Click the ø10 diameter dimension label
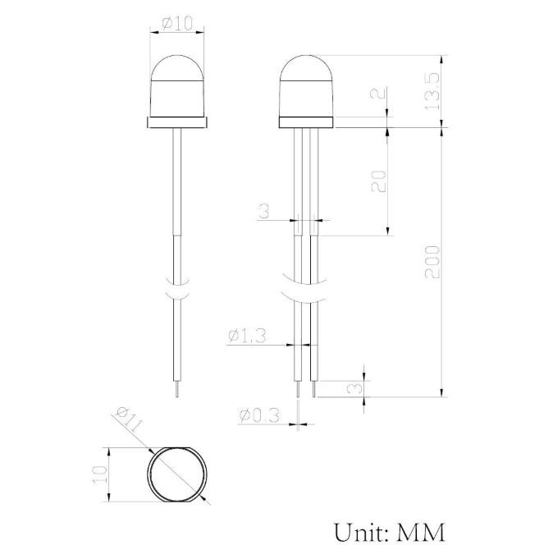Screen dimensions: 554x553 pyautogui.click(x=178, y=24)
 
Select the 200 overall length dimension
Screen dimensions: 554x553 pyautogui.click(x=433, y=261)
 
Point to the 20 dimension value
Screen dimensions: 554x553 pyautogui.click(x=378, y=181)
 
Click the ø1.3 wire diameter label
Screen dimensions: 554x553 pyautogui.click(x=248, y=335)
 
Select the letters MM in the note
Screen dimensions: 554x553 pyautogui.click(x=421, y=531)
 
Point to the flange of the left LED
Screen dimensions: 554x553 pyautogui.click(x=178, y=122)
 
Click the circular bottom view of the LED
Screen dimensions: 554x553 pyautogui.click(x=177, y=475)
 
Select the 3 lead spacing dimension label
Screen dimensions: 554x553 pyautogui.click(x=263, y=211)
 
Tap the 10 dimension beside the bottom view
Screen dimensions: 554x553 pyautogui.click(x=99, y=474)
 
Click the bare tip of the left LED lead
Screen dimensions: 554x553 pyautogui.click(x=178, y=391)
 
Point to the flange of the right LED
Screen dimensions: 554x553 pyautogui.click(x=307, y=122)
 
